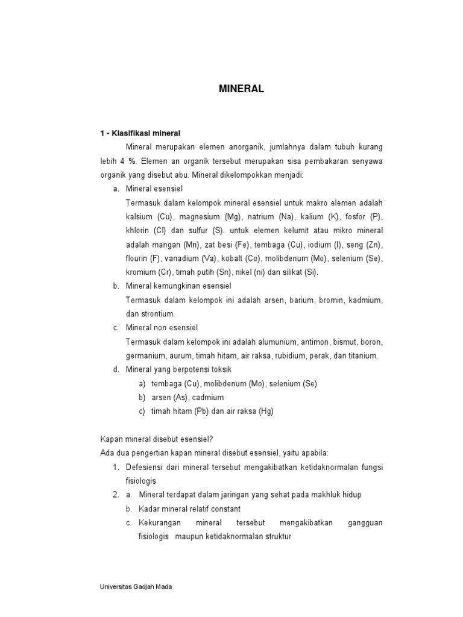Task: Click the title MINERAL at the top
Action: coord(241,89)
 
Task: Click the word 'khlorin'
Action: coord(139,230)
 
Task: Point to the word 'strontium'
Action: coord(158,313)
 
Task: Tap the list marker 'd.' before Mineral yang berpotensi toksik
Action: coord(116,369)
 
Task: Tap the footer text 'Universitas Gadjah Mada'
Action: coord(136,586)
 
